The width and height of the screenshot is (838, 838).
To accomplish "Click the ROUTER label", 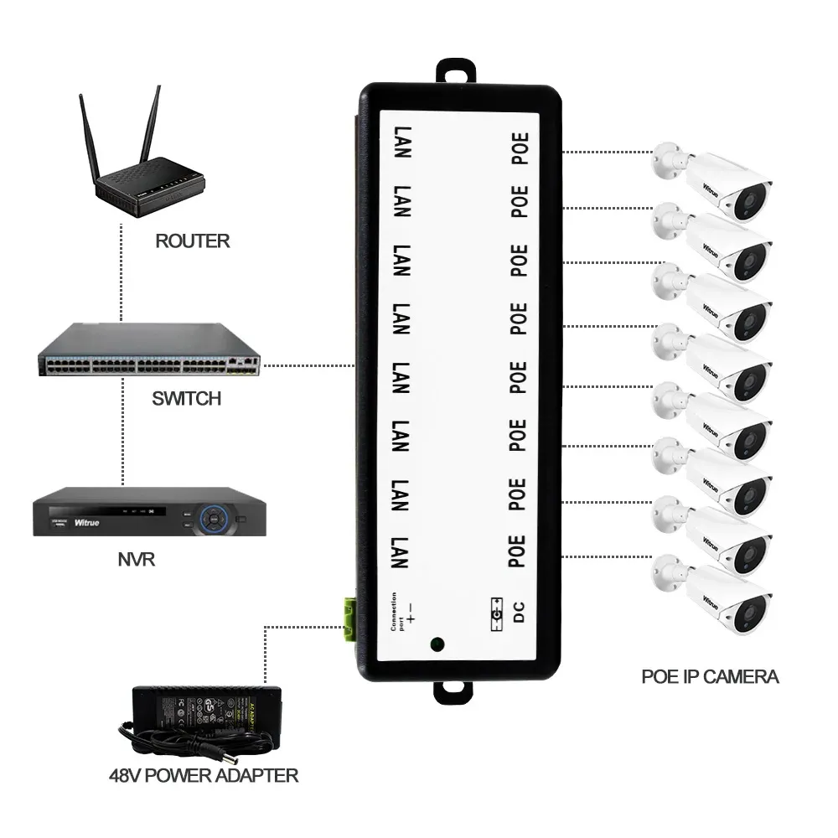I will [x=192, y=241].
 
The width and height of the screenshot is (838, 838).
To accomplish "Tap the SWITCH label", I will [x=186, y=398].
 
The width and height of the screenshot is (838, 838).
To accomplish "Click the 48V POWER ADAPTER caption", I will [x=202, y=775].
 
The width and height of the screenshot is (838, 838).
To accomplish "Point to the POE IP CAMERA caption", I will [x=710, y=676].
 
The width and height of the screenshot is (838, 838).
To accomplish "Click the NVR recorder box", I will [x=148, y=513].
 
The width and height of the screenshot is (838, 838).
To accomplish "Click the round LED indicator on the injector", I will [x=437, y=645].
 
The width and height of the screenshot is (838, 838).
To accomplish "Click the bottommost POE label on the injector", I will [x=518, y=551].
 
